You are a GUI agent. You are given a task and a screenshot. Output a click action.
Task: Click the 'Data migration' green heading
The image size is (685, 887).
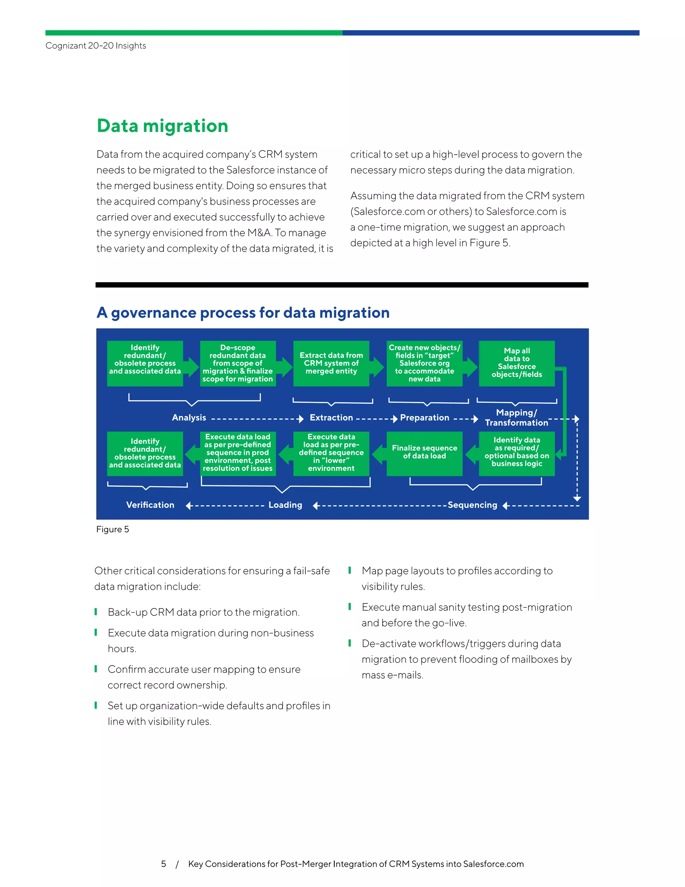click(x=162, y=126)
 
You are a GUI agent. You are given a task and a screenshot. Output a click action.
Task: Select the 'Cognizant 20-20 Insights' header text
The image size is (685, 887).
click(x=96, y=46)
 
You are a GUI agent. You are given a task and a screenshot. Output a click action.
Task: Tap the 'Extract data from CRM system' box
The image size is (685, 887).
click(x=331, y=363)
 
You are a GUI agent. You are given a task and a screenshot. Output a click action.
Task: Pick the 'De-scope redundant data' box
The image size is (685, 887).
click(x=238, y=363)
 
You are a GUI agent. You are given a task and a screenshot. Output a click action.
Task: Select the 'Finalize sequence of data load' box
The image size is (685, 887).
click(x=424, y=453)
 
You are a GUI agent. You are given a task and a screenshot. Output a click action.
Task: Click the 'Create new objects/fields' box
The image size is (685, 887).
click(x=424, y=363)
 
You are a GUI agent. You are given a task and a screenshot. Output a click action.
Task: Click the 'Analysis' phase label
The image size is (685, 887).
click(x=189, y=417)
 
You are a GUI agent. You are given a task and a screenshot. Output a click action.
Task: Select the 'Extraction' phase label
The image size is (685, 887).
click(x=331, y=417)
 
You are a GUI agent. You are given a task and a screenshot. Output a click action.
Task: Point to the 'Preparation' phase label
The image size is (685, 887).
click(x=424, y=417)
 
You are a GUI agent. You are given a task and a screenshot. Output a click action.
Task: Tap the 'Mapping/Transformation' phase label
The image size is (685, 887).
click(x=516, y=417)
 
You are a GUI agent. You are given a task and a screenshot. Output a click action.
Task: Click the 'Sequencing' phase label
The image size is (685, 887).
click(x=472, y=505)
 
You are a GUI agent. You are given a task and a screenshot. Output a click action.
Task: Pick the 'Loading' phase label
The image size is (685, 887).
click(x=285, y=505)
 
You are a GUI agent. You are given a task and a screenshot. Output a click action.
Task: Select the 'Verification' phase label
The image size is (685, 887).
click(x=150, y=505)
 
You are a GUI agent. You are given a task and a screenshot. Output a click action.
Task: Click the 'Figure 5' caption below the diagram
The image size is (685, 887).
click(x=112, y=529)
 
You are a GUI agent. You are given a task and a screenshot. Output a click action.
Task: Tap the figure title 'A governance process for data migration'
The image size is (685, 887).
click(x=243, y=313)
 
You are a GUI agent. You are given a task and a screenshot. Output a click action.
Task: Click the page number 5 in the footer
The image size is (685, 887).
click(x=164, y=864)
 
